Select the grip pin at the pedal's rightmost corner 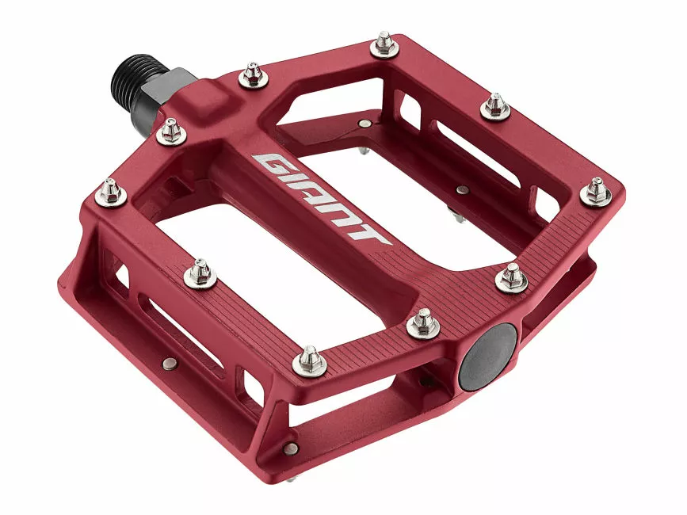click(x=596, y=191)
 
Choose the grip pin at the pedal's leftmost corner click(x=110, y=191)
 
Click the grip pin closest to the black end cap click(x=423, y=322)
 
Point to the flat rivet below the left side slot click(x=169, y=364)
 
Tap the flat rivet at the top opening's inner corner click(x=364, y=124)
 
